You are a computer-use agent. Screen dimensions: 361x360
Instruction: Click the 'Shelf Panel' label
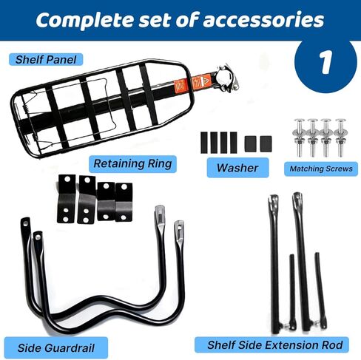pos(46,60)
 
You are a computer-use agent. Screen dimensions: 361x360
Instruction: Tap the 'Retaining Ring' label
pos(132,164)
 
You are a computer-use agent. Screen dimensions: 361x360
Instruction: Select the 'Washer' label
pos(237,168)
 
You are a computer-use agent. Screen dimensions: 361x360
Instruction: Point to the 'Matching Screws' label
pos(321,169)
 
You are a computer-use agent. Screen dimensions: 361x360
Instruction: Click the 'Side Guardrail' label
pos(56,347)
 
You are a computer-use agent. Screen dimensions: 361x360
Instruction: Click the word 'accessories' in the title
pos(263,21)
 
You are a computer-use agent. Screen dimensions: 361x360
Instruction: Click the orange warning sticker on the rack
pos(193,83)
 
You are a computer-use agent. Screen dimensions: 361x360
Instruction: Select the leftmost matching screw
pos(299,137)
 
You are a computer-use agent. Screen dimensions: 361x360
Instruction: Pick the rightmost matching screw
pos(340,137)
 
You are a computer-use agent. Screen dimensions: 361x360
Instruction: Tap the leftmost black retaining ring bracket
pos(66,199)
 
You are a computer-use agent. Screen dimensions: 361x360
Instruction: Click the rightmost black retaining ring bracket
pos(124,202)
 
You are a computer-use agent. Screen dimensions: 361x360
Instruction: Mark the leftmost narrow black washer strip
pos(204,143)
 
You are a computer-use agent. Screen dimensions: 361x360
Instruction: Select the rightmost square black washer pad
pos(266,144)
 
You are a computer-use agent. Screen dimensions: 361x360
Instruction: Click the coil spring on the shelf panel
pos(33,123)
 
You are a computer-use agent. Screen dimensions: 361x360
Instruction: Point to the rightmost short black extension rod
pos(320,291)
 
